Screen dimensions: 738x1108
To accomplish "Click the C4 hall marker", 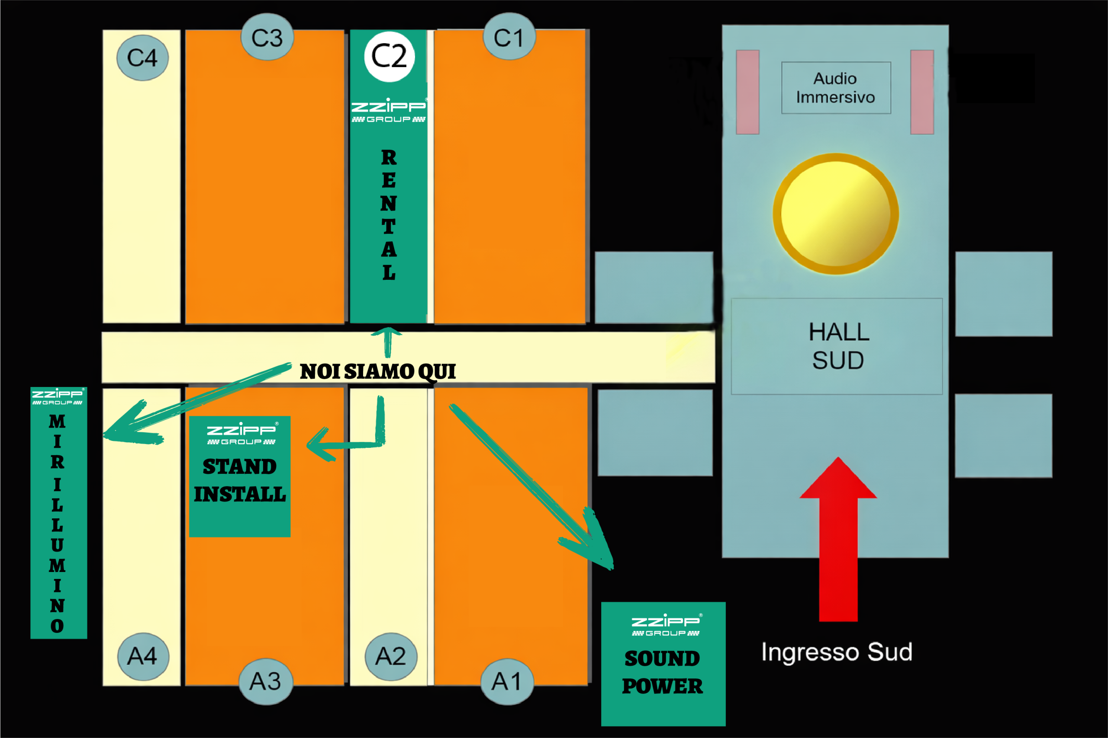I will [142, 58].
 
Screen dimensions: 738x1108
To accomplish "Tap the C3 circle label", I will [267, 38].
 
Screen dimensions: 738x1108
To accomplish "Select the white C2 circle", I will [389, 57].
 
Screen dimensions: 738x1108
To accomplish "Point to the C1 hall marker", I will [509, 37].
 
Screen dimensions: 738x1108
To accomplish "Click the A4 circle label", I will [142, 656].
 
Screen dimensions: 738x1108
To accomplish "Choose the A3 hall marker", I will [266, 681].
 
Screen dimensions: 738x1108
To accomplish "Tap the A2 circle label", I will [390, 656].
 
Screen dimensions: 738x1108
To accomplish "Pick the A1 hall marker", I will [507, 681].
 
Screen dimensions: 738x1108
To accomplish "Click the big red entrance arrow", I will [838, 541].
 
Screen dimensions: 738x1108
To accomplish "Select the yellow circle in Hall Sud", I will [836, 214].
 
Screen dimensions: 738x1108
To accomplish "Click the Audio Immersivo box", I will [836, 87].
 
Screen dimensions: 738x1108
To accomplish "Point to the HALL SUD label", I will [838, 346].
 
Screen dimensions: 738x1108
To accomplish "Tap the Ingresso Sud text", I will [837, 652].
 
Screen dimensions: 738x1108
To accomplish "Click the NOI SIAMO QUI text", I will [378, 371].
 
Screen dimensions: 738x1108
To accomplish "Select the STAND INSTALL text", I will [240, 480].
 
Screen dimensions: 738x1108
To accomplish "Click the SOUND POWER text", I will [662, 672].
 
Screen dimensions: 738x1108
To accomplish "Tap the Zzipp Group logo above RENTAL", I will [389, 110].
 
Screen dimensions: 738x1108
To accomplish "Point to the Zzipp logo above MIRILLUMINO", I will [58, 396].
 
